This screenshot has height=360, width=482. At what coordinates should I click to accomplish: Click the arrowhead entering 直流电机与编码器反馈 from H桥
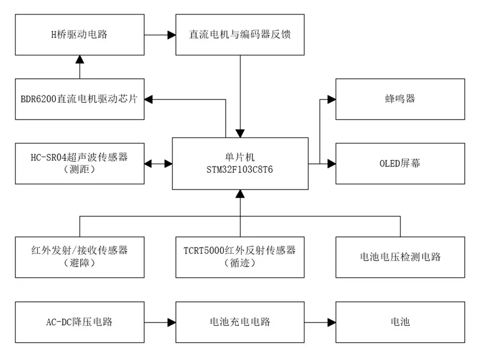[x=171, y=35]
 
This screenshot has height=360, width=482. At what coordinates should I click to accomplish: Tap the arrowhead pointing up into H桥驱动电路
[x=80, y=59]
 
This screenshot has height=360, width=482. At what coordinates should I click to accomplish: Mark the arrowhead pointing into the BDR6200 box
[x=149, y=99]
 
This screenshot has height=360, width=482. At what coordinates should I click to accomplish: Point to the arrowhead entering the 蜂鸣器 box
[x=332, y=99]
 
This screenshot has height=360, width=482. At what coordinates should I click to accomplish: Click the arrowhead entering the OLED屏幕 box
[x=332, y=164]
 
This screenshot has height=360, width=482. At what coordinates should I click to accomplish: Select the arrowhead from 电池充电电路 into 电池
[x=332, y=322]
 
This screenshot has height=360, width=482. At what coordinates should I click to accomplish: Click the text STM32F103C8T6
[x=240, y=169]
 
